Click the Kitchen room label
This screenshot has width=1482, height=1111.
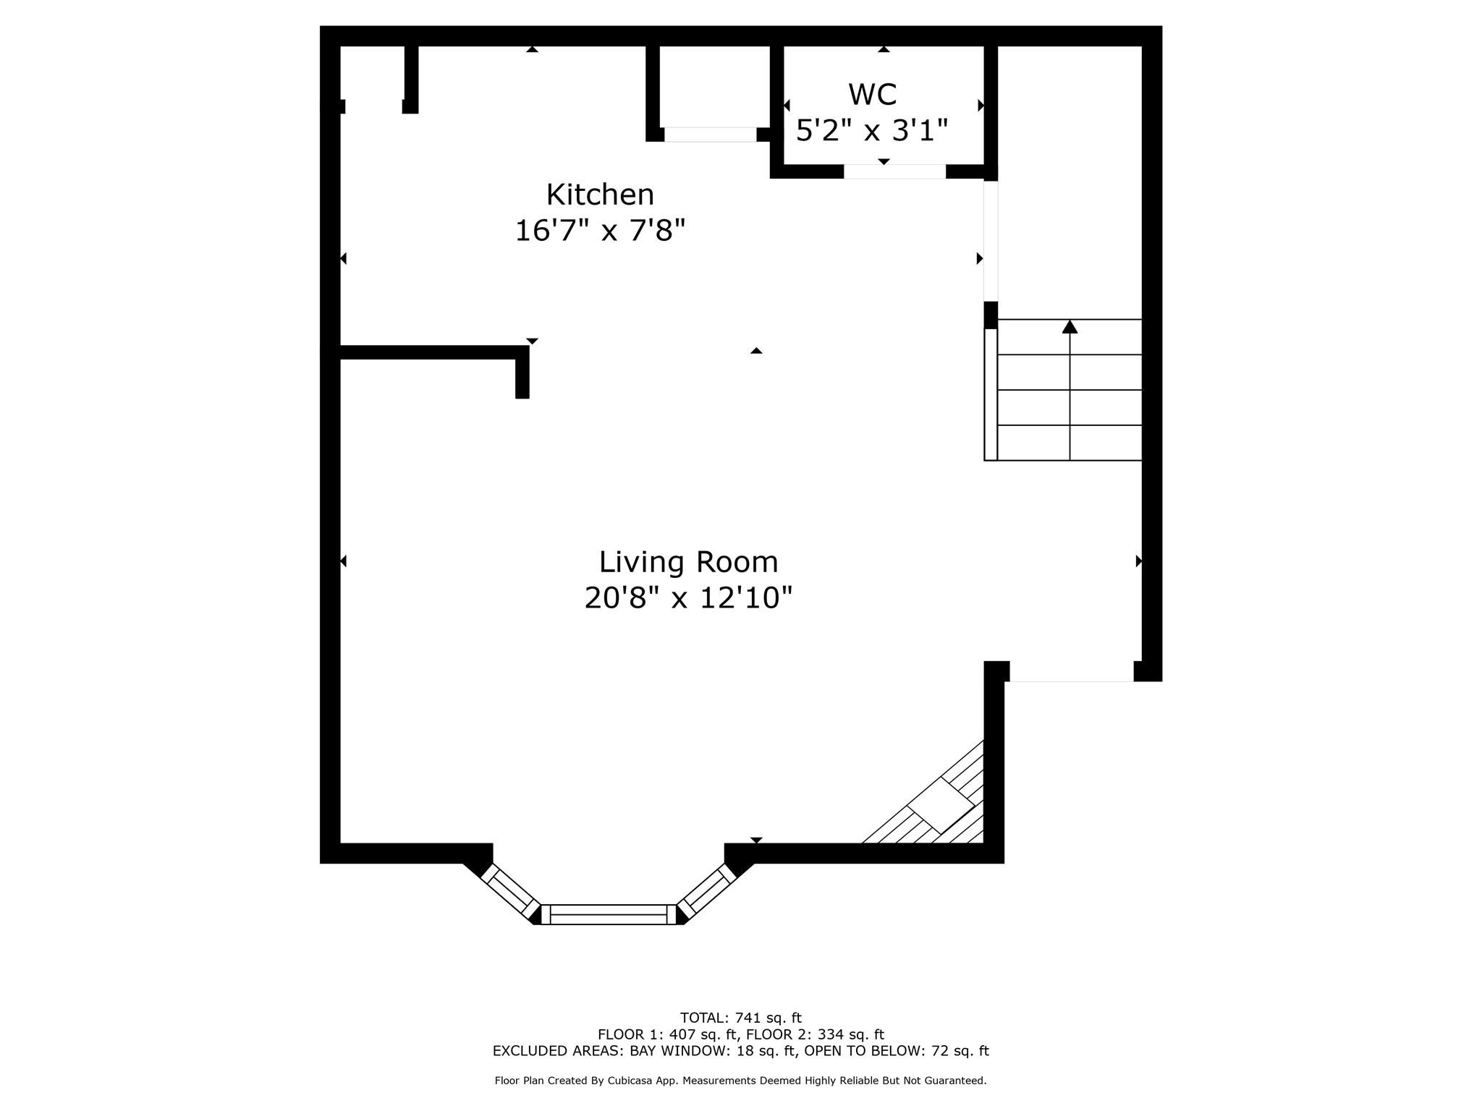point(600,195)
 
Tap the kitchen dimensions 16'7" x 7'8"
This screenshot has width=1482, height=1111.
point(600,231)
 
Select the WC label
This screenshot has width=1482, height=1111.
point(872,95)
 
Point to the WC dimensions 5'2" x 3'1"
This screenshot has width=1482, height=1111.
point(872,131)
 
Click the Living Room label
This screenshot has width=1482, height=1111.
point(688,562)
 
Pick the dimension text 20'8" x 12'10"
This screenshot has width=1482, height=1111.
point(688,598)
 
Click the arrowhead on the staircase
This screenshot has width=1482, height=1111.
point(1070,327)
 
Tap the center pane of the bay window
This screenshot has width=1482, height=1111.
point(609,914)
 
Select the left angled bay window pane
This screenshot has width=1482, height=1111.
point(511,890)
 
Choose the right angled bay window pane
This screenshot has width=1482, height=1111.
point(706,890)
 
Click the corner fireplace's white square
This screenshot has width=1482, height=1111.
point(941,805)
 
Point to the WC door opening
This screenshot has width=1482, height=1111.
point(894,171)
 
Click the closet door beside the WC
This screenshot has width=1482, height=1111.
point(710,135)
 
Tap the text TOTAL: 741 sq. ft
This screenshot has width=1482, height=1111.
point(740,1018)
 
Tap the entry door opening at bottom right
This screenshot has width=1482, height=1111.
point(1071,681)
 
